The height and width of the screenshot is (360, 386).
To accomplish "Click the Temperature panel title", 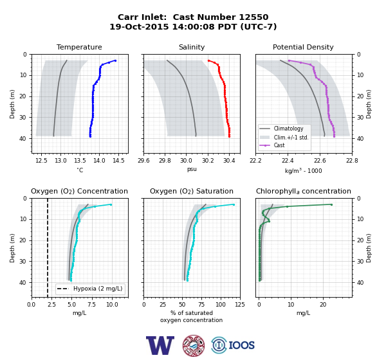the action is (x=79, y=47).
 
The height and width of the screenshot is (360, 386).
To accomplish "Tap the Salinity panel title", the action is (x=192, y=47).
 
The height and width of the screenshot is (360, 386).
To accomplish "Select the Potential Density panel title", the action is (x=303, y=47).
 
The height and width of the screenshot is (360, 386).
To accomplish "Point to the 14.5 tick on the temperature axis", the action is (x=118, y=161).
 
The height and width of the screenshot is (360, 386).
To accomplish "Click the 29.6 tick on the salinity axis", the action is (x=143, y=161).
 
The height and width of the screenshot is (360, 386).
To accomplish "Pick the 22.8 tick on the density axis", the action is (x=352, y=161).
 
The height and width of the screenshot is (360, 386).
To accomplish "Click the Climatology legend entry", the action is (x=288, y=129).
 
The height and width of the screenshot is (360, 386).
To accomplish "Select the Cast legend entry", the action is (x=279, y=145).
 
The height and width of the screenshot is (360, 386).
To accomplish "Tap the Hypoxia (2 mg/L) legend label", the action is (x=98, y=289).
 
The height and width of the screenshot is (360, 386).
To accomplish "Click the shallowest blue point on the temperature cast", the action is (x=115, y=60).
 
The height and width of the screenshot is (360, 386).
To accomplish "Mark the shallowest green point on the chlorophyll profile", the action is (x=331, y=204).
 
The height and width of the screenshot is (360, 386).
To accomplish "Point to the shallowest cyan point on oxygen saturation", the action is (x=234, y=204).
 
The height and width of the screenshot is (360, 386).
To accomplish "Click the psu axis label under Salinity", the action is (x=192, y=169).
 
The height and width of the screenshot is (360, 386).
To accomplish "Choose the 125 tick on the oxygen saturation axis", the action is (x=240, y=305).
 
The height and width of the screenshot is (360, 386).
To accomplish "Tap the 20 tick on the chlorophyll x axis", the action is (x=323, y=305).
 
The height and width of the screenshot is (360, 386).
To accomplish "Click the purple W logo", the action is (x=160, y=345).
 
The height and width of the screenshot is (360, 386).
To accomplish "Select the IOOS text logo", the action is (x=241, y=345).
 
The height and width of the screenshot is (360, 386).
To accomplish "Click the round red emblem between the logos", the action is (x=194, y=345).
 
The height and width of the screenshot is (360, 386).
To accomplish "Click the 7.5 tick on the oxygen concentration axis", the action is (x=92, y=305).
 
